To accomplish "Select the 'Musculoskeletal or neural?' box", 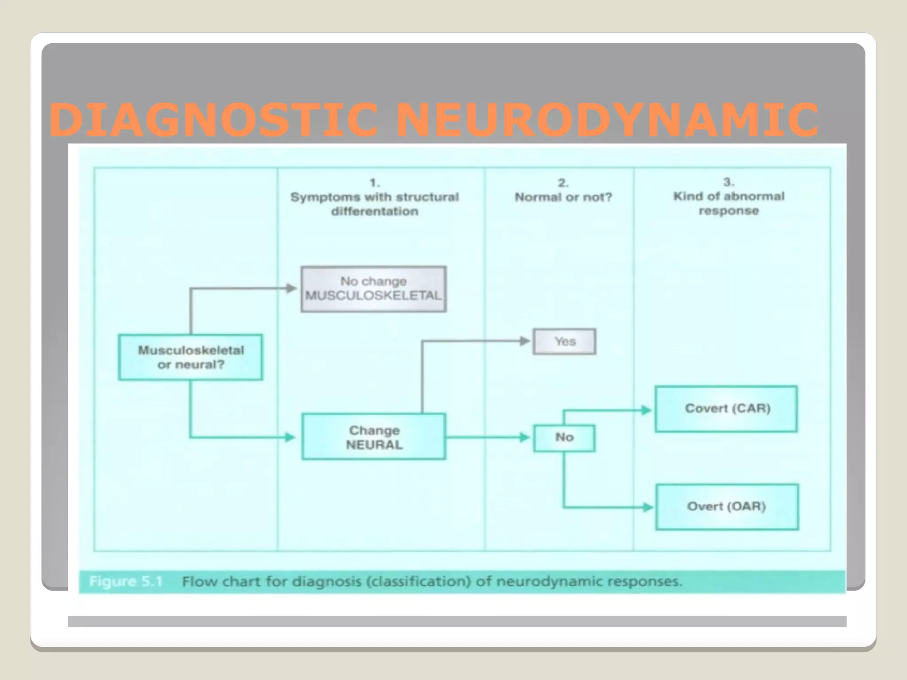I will [x=190, y=357].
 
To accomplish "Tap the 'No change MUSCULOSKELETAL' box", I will [x=373, y=289].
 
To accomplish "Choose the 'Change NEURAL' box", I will [x=374, y=437].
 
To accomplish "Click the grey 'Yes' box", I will [x=564, y=341].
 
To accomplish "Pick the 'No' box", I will [x=564, y=438].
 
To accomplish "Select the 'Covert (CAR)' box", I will [x=727, y=409].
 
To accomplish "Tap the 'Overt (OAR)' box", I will [x=727, y=506].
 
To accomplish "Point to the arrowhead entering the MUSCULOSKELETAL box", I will [x=291, y=289].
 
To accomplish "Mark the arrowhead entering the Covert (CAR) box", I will [x=647, y=410].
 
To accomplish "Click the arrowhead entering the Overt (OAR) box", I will [x=647, y=507].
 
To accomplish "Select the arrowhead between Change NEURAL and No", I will [x=524, y=437].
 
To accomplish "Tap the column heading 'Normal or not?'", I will [x=563, y=197].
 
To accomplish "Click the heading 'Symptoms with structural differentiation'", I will [x=375, y=204].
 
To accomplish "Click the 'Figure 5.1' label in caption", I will [x=126, y=581].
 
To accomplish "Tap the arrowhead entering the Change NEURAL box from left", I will [x=290, y=437].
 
